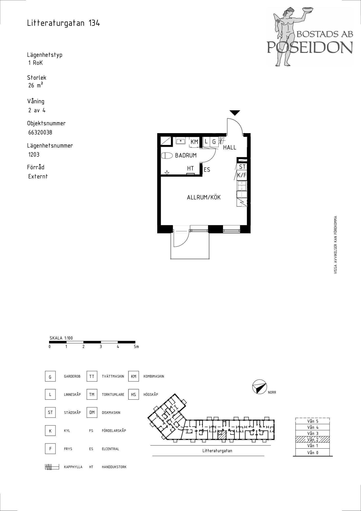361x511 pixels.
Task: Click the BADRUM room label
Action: (186, 155)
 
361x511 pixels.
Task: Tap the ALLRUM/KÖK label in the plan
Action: (204, 197)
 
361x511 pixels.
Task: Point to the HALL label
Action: (230, 147)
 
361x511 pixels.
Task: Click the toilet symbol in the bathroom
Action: (167, 156)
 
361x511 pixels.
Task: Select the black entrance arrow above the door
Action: (235, 113)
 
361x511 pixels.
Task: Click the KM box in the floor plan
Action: (194, 142)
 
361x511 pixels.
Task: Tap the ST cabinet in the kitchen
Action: (242, 167)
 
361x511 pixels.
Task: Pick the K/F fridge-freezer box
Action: (242, 175)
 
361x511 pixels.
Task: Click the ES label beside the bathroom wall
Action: (207, 170)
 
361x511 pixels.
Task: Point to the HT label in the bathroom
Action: (190, 168)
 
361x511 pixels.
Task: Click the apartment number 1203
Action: (34, 155)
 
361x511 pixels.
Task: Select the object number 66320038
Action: (40, 132)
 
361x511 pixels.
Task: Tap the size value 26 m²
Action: (36, 85)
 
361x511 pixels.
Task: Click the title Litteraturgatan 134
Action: (64, 23)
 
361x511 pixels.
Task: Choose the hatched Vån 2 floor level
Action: (312, 439)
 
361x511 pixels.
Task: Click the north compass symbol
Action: (259, 387)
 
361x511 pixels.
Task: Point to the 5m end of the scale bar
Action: (135, 342)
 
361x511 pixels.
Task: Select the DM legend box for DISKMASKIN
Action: (92, 412)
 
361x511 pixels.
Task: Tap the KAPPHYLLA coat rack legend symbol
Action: (52, 467)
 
